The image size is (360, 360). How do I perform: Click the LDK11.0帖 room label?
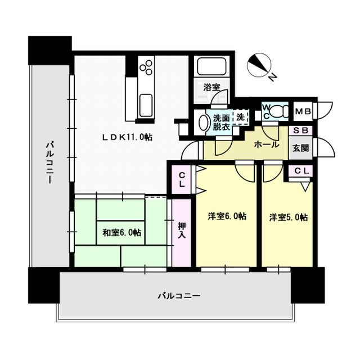click(x=127, y=137)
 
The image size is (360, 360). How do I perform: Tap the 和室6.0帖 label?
click(x=121, y=233)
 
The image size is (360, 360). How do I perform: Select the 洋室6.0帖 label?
click(x=227, y=216)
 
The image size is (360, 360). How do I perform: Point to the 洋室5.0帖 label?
click(x=289, y=217)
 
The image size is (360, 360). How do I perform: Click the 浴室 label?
click(x=211, y=87)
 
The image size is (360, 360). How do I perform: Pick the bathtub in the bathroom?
click(x=211, y=66)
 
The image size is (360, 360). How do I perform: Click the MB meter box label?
click(x=303, y=111)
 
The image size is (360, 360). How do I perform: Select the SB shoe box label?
click(x=301, y=130)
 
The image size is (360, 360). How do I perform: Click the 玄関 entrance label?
click(x=300, y=148)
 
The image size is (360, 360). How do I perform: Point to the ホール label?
click(x=267, y=145)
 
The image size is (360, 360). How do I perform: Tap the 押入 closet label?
click(x=182, y=230)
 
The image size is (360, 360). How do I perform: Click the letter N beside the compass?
click(x=272, y=77)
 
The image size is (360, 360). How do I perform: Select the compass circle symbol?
click(x=259, y=65)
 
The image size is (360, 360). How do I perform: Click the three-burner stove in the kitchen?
click(x=146, y=67)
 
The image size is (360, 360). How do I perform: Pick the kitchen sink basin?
click(x=146, y=105)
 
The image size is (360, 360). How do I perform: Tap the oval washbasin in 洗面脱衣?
click(x=203, y=123)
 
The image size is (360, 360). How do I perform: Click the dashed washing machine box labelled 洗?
click(x=240, y=118)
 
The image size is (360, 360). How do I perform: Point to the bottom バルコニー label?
click(x=179, y=296)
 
